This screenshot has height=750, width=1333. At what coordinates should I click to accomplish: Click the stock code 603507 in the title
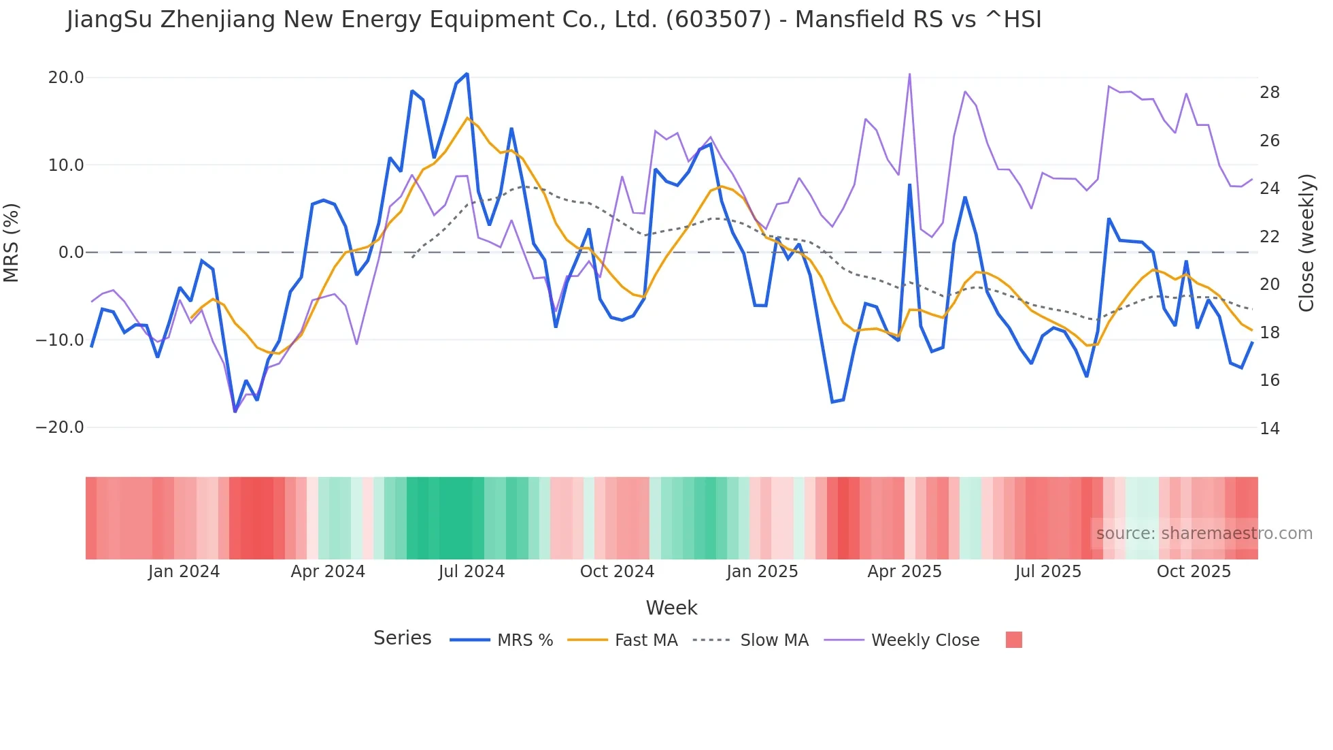click(x=719, y=20)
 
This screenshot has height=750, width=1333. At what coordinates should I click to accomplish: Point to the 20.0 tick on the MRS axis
click(x=66, y=78)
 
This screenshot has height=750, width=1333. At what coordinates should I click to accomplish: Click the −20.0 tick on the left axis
click(x=60, y=427)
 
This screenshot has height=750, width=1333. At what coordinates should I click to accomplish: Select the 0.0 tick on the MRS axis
click(x=71, y=252)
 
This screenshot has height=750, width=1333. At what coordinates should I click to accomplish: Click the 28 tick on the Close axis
click(x=1269, y=93)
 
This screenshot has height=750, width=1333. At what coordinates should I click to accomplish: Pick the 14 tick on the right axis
click(x=1269, y=428)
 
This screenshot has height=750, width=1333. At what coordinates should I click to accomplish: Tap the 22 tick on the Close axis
click(x=1269, y=237)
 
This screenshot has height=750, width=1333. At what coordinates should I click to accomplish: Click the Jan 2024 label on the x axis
click(x=184, y=572)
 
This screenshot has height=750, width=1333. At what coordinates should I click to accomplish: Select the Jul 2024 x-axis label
click(x=471, y=572)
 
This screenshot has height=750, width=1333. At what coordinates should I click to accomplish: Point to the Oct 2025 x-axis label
click(x=1194, y=572)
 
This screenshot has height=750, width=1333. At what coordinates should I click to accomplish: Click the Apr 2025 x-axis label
click(x=905, y=572)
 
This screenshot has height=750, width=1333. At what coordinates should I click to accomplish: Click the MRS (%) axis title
click(x=12, y=243)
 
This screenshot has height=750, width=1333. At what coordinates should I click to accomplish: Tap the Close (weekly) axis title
click(x=1306, y=243)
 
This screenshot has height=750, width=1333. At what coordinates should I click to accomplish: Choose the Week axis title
click(x=671, y=608)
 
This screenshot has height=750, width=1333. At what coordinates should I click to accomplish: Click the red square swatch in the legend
click(x=1013, y=640)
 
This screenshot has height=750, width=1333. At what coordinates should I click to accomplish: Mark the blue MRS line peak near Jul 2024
click(x=467, y=74)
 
